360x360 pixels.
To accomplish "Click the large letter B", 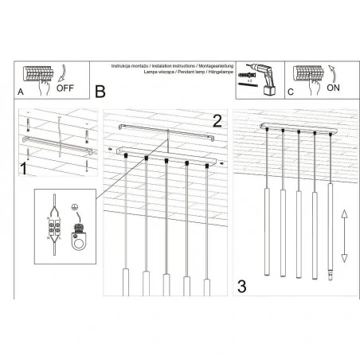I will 100,92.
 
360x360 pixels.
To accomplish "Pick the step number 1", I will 24,169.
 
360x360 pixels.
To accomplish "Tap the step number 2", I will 216,120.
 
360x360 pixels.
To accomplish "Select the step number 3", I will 242,284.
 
